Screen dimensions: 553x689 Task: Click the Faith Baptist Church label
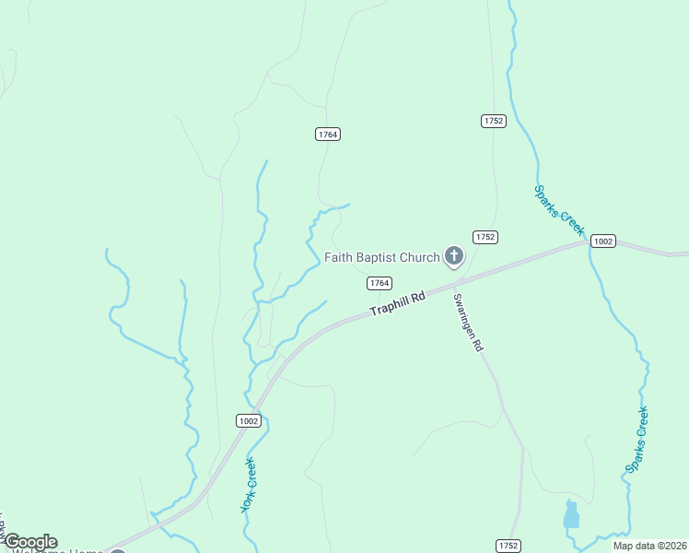tap(382, 257)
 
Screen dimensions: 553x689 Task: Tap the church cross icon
tap(453, 255)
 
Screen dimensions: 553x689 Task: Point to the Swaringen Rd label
tap(468, 323)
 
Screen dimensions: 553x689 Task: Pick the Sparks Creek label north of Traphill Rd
tap(559, 209)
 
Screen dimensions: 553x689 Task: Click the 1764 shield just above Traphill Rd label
tap(380, 283)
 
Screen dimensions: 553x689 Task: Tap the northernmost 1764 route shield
tap(328, 134)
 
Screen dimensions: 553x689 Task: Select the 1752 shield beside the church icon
tap(485, 237)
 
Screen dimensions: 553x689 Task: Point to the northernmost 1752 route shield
tap(494, 121)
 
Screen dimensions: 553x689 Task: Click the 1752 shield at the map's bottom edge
tap(508, 545)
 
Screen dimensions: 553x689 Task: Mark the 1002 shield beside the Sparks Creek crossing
tap(602, 241)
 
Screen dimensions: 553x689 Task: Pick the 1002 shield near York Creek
tap(248, 420)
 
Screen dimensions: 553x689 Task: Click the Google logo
tap(30, 542)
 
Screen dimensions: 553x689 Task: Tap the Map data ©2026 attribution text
tap(648, 546)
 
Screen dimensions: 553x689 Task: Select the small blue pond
tap(571, 514)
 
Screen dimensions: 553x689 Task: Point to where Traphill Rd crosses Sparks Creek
tap(588, 243)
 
